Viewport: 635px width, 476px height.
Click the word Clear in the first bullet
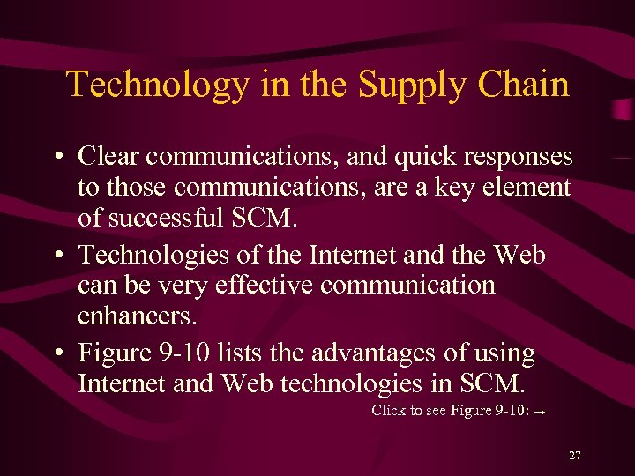pos(108,157)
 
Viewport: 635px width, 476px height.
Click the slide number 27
pos(575,456)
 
